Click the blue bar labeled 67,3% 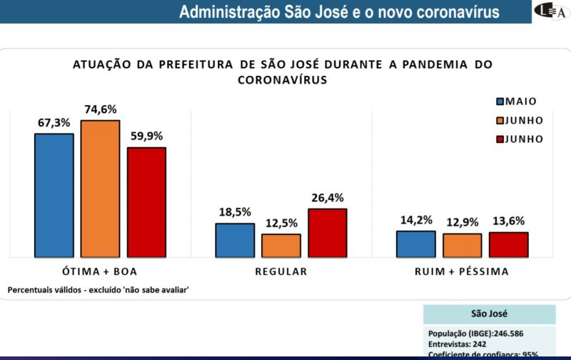pyautogui.click(x=54, y=195)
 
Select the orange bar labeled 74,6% pyautogui.click(x=100, y=189)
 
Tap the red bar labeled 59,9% pyautogui.click(x=146, y=202)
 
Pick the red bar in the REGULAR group pyautogui.click(x=327, y=233)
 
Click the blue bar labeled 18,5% pyautogui.click(x=235, y=240)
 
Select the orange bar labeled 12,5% pyautogui.click(x=281, y=246)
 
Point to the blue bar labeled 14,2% pyautogui.click(x=416, y=244)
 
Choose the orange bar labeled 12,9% pyautogui.click(x=462, y=245)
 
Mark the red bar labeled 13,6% pyautogui.click(x=508, y=244)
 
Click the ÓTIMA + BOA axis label pyautogui.click(x=100, y=271)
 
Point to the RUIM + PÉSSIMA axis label pyautogui.click(x=462, y=271)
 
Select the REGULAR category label pyautogui.click(x=281, y=271)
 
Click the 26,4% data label pyautogui.click(x=327, y=198)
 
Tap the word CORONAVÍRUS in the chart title pyautogui.click(x=282, y=81)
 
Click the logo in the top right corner pyautogui.click(x=551, y=11)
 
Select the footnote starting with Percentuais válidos pyautogui.click(x=98, y=289)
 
